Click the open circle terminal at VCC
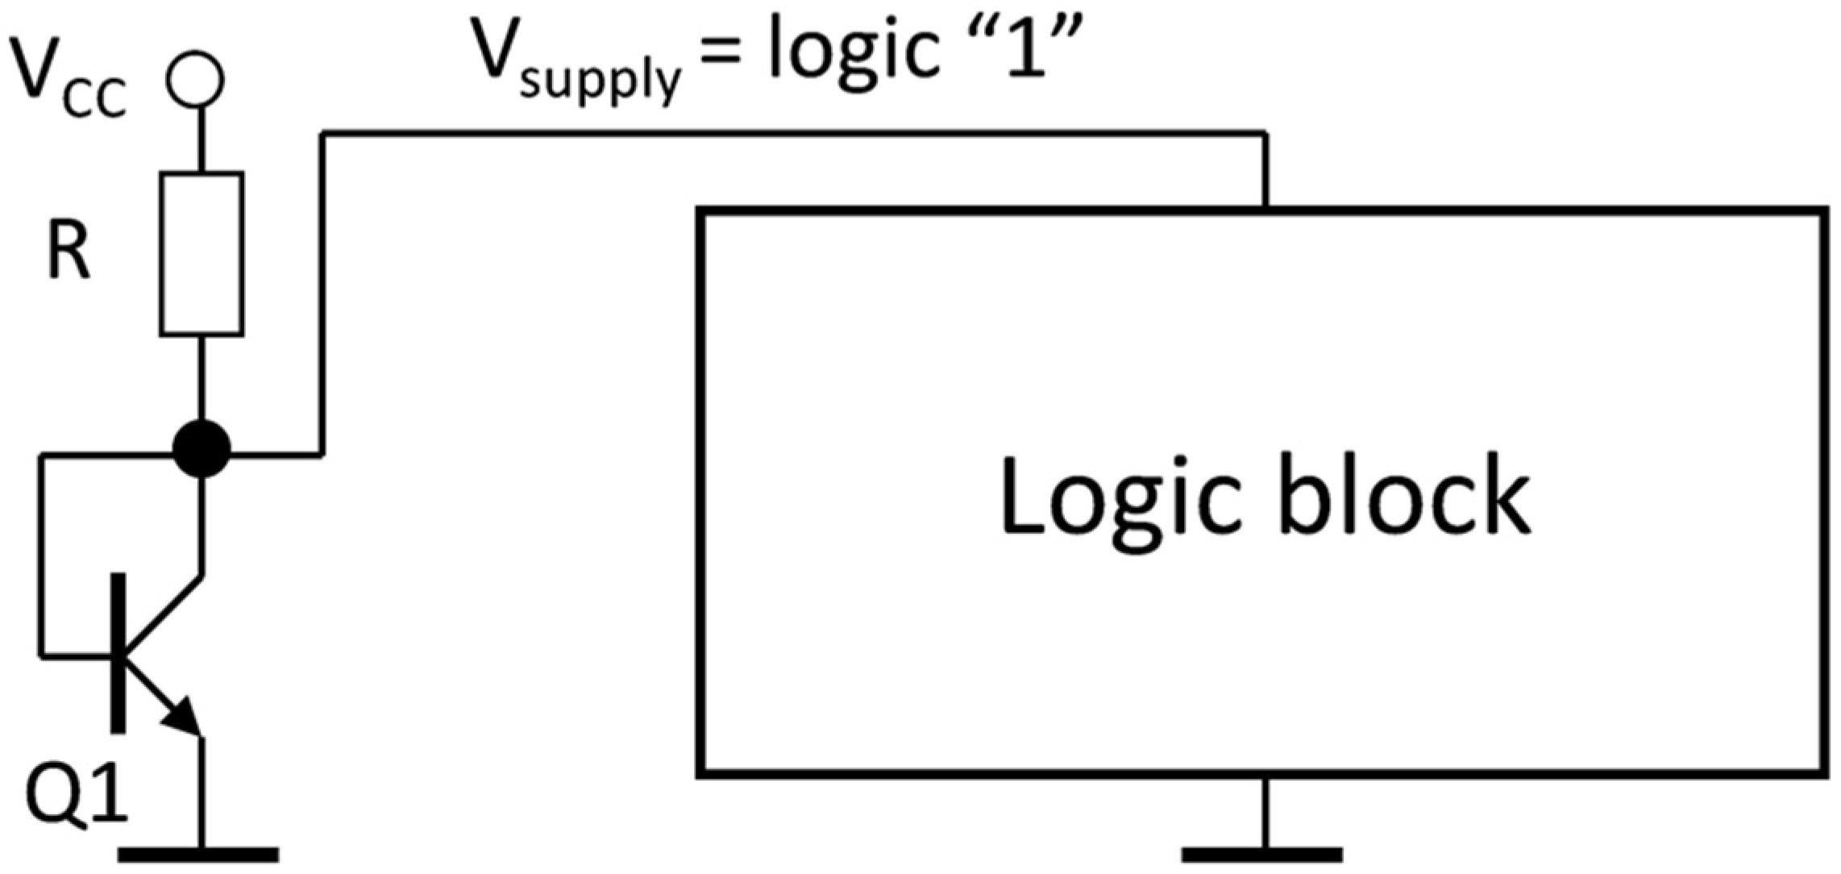coord(194,80)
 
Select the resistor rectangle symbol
coord(202,253)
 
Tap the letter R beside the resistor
coord(69,253)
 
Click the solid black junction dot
coord(202,449)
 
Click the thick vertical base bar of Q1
coord(118,653)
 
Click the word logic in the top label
coord(854,56)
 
